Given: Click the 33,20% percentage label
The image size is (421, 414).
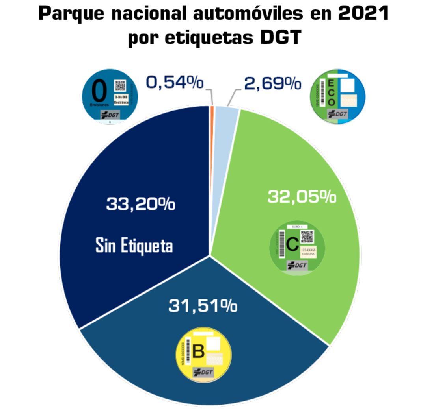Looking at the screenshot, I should (141, 205).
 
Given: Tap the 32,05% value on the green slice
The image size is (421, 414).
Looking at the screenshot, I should (302, 196).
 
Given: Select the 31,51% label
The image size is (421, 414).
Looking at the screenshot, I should (203, 306).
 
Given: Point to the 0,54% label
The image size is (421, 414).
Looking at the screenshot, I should (174, 83).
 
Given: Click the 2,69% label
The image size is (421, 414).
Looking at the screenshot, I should (272, 84).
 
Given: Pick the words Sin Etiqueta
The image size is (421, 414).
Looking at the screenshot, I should (134, 246).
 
